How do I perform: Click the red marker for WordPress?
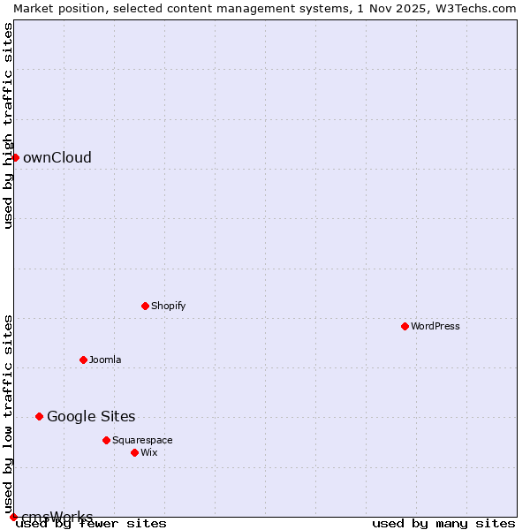tap(405, 326)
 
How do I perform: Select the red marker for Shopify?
tap(145, 306)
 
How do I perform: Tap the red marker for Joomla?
tap(83, 360)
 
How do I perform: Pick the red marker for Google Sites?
tap(39, 416)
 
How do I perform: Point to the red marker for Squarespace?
tap(106, 440)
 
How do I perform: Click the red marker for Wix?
tap(134, 452)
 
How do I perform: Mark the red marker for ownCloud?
tap(15, 157)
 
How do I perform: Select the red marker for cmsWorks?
tap(13, 517)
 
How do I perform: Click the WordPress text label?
tap(435, 326)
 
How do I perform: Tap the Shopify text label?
tap(168, 306)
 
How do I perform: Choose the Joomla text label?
tap(105, 360)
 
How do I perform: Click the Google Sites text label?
tap(91, 416)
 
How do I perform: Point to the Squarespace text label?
tap(142, 440)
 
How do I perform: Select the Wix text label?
tap(149, 452)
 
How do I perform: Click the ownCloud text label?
tap(57, 157)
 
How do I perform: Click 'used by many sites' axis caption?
tap(443, 524)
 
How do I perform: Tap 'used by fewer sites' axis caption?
tap(91, 524)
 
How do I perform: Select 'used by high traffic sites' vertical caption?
tap(8, 125)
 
